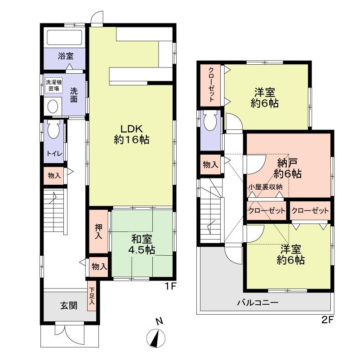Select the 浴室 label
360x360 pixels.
pyautogui.click(x=66, y=56)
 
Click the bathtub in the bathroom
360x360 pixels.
pyautogui.click(x=64, y=37)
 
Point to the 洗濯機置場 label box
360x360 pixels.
pyautogui.click(x=54, y=85)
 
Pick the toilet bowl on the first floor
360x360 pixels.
pyautogui.click(x=53, y=130)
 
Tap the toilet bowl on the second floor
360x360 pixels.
pyautogui.click(x=210, y=120)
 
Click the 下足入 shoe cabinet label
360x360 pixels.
pyautogui.click(x=92, y=298)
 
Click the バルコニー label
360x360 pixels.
pyautogui.click(x=258, y=302)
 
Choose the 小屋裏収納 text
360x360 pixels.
pyautogui.click(x=265, y=187)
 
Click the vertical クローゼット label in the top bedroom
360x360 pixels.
pyautogui.click(x=211, y=85)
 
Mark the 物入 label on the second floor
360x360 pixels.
pyautogui.click(x=210, y=165)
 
